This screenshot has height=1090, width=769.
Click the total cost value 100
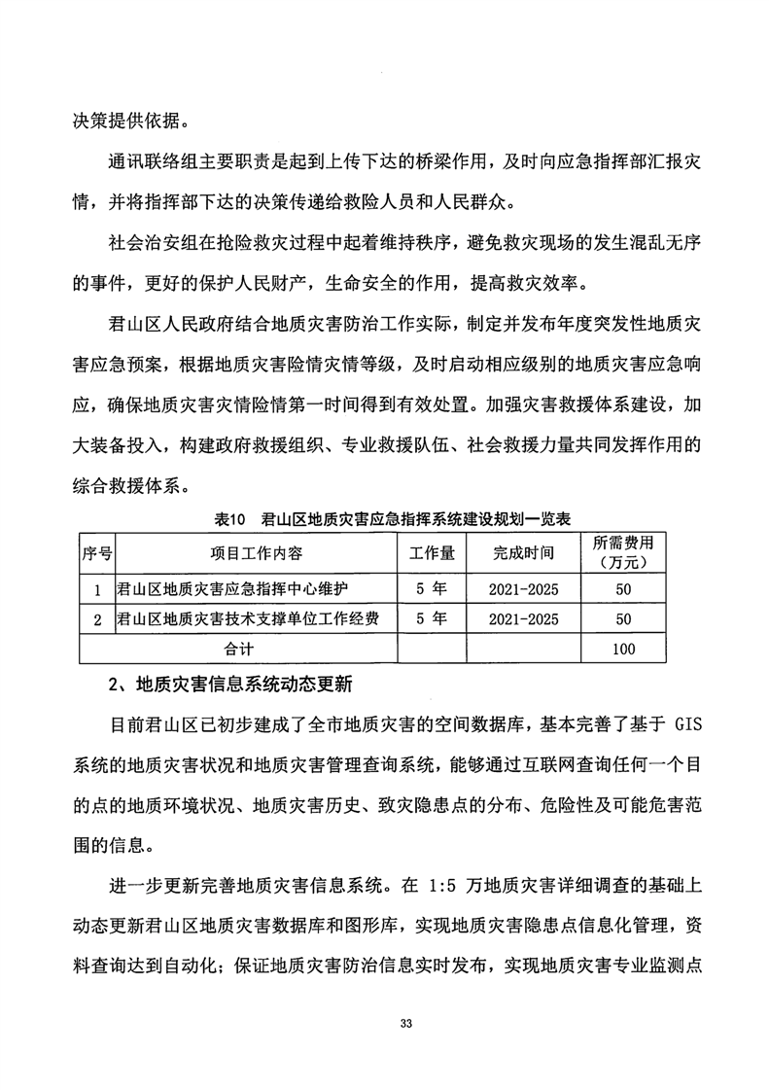(x=624, y=649)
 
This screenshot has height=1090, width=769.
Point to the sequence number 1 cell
(x=96, y=589)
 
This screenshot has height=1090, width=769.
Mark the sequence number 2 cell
(x=96, y=619)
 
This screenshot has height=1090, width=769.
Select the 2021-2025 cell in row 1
(x=523, y=589)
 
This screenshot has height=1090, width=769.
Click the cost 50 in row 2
(x=624, y=619)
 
